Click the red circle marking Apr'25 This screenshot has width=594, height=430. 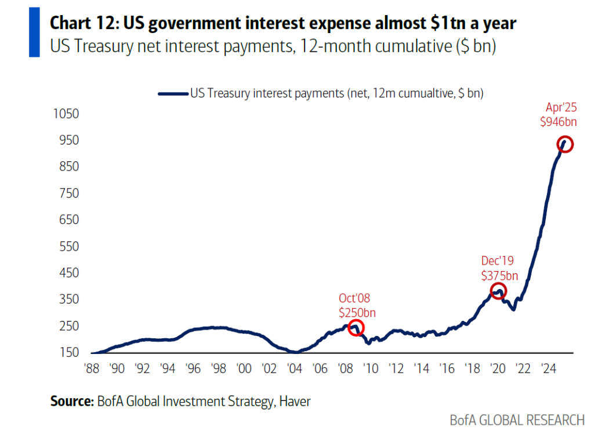tap(565, 144)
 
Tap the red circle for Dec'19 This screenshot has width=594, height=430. tap(498, 291)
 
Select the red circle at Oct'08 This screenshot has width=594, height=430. tap(356, 328)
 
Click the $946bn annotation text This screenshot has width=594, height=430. tap(559, 122)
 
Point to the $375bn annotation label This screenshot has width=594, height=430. tap(499, 275)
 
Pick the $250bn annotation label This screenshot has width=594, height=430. tap(357, 313)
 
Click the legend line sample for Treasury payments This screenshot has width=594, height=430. tap(172, 93)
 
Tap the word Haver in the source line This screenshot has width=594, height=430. tap(294, 400)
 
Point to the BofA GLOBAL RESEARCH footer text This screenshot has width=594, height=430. tap(517, 420)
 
